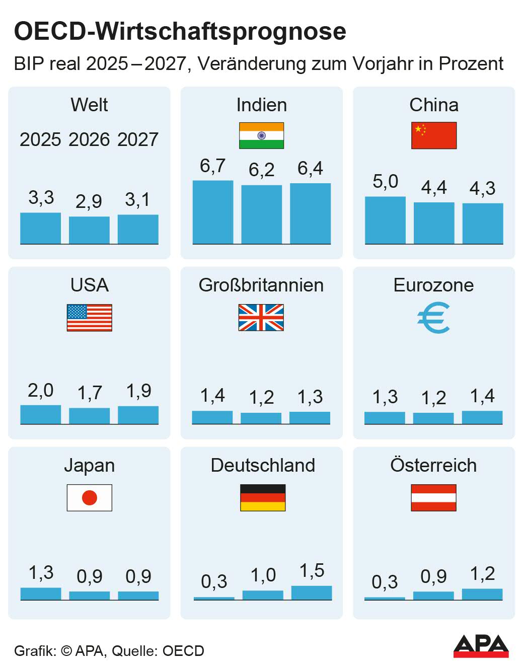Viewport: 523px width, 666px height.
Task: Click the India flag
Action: pos(261,135)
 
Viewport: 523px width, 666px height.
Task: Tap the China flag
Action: pos(433,135)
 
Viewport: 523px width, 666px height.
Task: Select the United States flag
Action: pos(89,318)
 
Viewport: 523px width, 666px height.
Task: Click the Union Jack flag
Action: pos(261,318)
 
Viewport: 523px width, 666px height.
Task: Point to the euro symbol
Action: pos(433,318)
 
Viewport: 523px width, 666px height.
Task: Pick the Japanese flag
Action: pos(89,498)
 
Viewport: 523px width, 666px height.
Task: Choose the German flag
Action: pos(262,498)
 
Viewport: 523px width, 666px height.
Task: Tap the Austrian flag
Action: pos(433,498)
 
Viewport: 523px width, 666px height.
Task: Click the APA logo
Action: pos(481,646)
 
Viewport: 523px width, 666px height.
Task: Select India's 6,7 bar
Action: pos(212,212)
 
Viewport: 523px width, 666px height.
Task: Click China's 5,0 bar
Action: pos(385,220)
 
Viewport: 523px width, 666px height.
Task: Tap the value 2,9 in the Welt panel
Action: pos(89,201)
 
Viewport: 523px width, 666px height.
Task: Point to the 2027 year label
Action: pos(138,139)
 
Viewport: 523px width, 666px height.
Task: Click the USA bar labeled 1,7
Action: pos(89,416)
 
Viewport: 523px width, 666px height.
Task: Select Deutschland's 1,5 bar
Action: pos(312,593)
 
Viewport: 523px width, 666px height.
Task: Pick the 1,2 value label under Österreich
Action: pos(482,573)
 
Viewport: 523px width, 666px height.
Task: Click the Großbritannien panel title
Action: pos(261,285)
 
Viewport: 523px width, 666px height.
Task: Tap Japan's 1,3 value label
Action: pos(41,572)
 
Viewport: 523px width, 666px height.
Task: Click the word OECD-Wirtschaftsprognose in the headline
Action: pos(180,31)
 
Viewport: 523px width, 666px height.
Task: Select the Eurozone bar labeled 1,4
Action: pos(482,417)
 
